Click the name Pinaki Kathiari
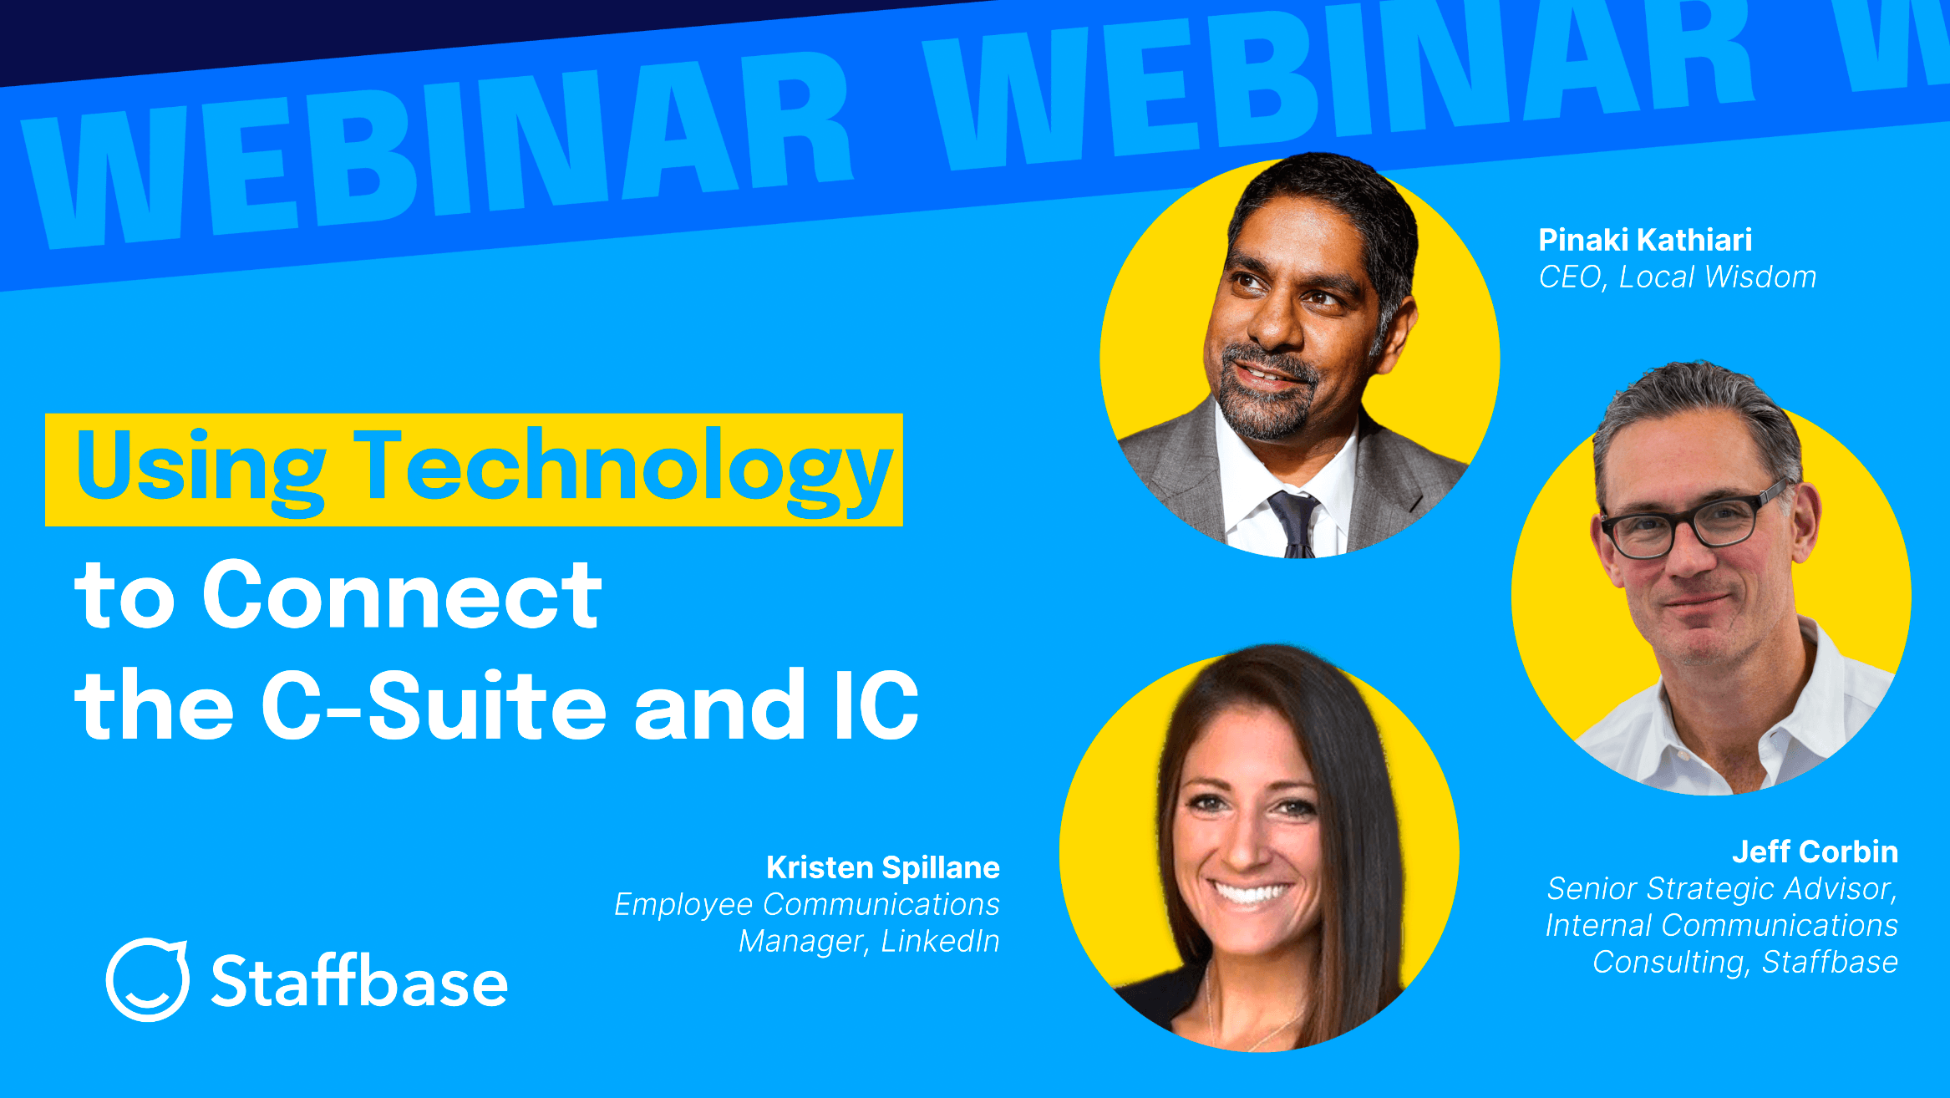point(1644,241)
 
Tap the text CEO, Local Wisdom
point(1677,277)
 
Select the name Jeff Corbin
point(1814,851)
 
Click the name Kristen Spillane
point(882,867)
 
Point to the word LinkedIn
point(940,942)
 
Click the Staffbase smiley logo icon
point(148,979)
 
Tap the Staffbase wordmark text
point(359,981)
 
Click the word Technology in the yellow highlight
point(622,468)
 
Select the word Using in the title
point(201,468)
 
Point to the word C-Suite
point(434,706)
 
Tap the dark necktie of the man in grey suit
point(1296,522)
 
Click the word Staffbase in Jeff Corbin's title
point(1829,963)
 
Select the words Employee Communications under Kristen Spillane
point(806,905)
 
